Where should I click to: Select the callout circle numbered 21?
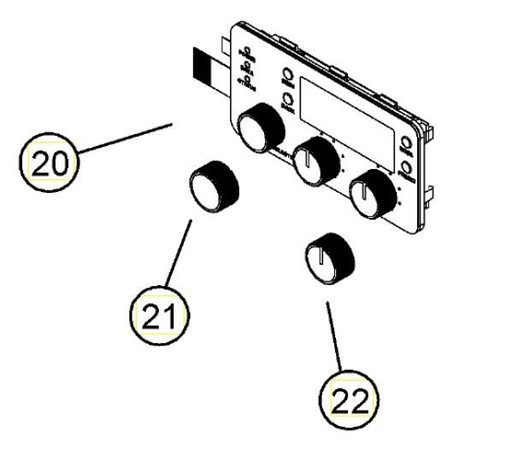[160, 317]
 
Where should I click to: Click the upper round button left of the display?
[288, 79]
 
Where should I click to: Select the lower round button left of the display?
[289, 100]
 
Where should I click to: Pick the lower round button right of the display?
[406, 169]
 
